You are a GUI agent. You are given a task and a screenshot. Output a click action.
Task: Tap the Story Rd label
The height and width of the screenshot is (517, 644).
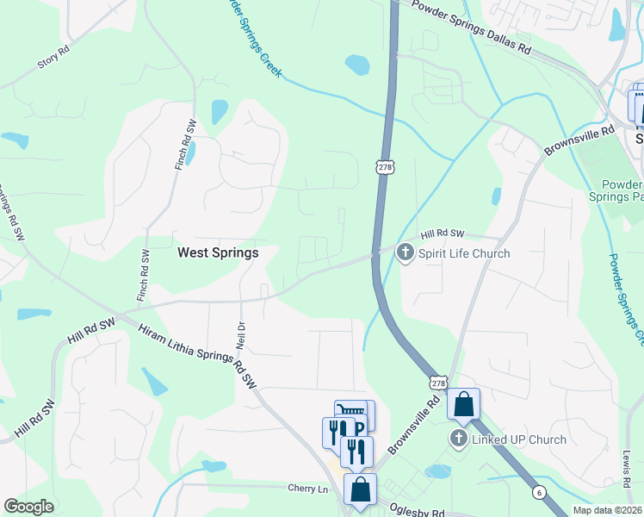click(x=53, y=63)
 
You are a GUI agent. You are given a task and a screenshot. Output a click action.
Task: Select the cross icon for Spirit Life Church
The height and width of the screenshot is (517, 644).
click(x=405, y=252)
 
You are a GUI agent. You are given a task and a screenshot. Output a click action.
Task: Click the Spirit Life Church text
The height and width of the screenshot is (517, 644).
click(x=464, y=253)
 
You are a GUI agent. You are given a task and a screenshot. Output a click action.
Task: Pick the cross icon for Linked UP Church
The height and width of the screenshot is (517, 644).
click(x=458, y=439)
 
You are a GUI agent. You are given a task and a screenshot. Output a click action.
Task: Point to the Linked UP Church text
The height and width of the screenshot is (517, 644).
click(x=519, y=439)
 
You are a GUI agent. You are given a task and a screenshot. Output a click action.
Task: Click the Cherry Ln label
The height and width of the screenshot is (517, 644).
click(x=308, y=489)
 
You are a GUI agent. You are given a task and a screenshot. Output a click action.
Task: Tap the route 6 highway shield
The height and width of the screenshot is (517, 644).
click(x=538, y=490)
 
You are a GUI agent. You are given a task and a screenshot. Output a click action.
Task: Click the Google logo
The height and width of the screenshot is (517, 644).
click(x=28, y=507)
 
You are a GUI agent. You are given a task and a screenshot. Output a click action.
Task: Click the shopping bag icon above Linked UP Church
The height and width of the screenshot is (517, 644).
click(x=463, y=403)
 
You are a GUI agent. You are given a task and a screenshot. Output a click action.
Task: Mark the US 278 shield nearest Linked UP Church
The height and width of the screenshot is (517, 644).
click(x=439, y=382)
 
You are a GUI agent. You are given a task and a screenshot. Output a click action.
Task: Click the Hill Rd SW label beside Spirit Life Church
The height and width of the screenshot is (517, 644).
click(x=443, y=234)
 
